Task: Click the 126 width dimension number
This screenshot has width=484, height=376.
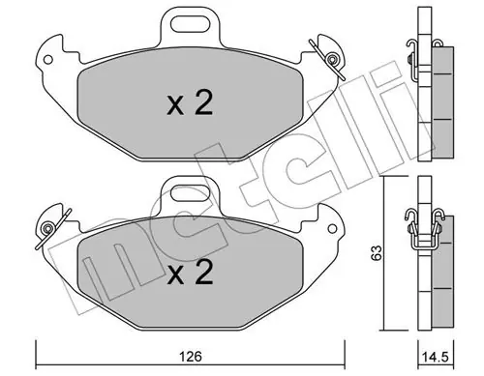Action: tap(191, 357)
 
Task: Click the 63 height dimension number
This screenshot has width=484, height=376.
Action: tap(377, 253)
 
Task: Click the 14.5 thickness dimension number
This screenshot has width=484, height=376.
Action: tap(435, 357)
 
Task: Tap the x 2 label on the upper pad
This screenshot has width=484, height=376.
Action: tap(190, 102)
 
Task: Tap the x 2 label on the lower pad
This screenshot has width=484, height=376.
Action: tap(190, 273)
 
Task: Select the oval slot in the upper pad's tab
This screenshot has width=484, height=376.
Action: tap(190, 24)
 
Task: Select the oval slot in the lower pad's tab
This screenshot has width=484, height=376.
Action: tap(190, 193)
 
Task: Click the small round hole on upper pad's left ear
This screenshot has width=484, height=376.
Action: tap(47, 60)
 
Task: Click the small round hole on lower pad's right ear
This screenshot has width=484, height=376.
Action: tap(332, 229)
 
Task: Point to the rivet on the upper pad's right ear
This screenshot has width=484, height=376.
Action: tap(331, 59)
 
